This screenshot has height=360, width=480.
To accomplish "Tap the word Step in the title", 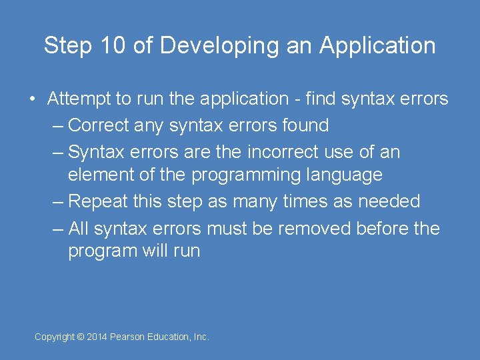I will coord(65,46).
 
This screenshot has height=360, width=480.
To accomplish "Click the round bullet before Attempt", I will coord(32,99).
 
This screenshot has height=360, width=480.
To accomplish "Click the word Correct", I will coord(101,125).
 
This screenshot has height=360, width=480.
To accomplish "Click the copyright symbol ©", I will coord(81,337).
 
